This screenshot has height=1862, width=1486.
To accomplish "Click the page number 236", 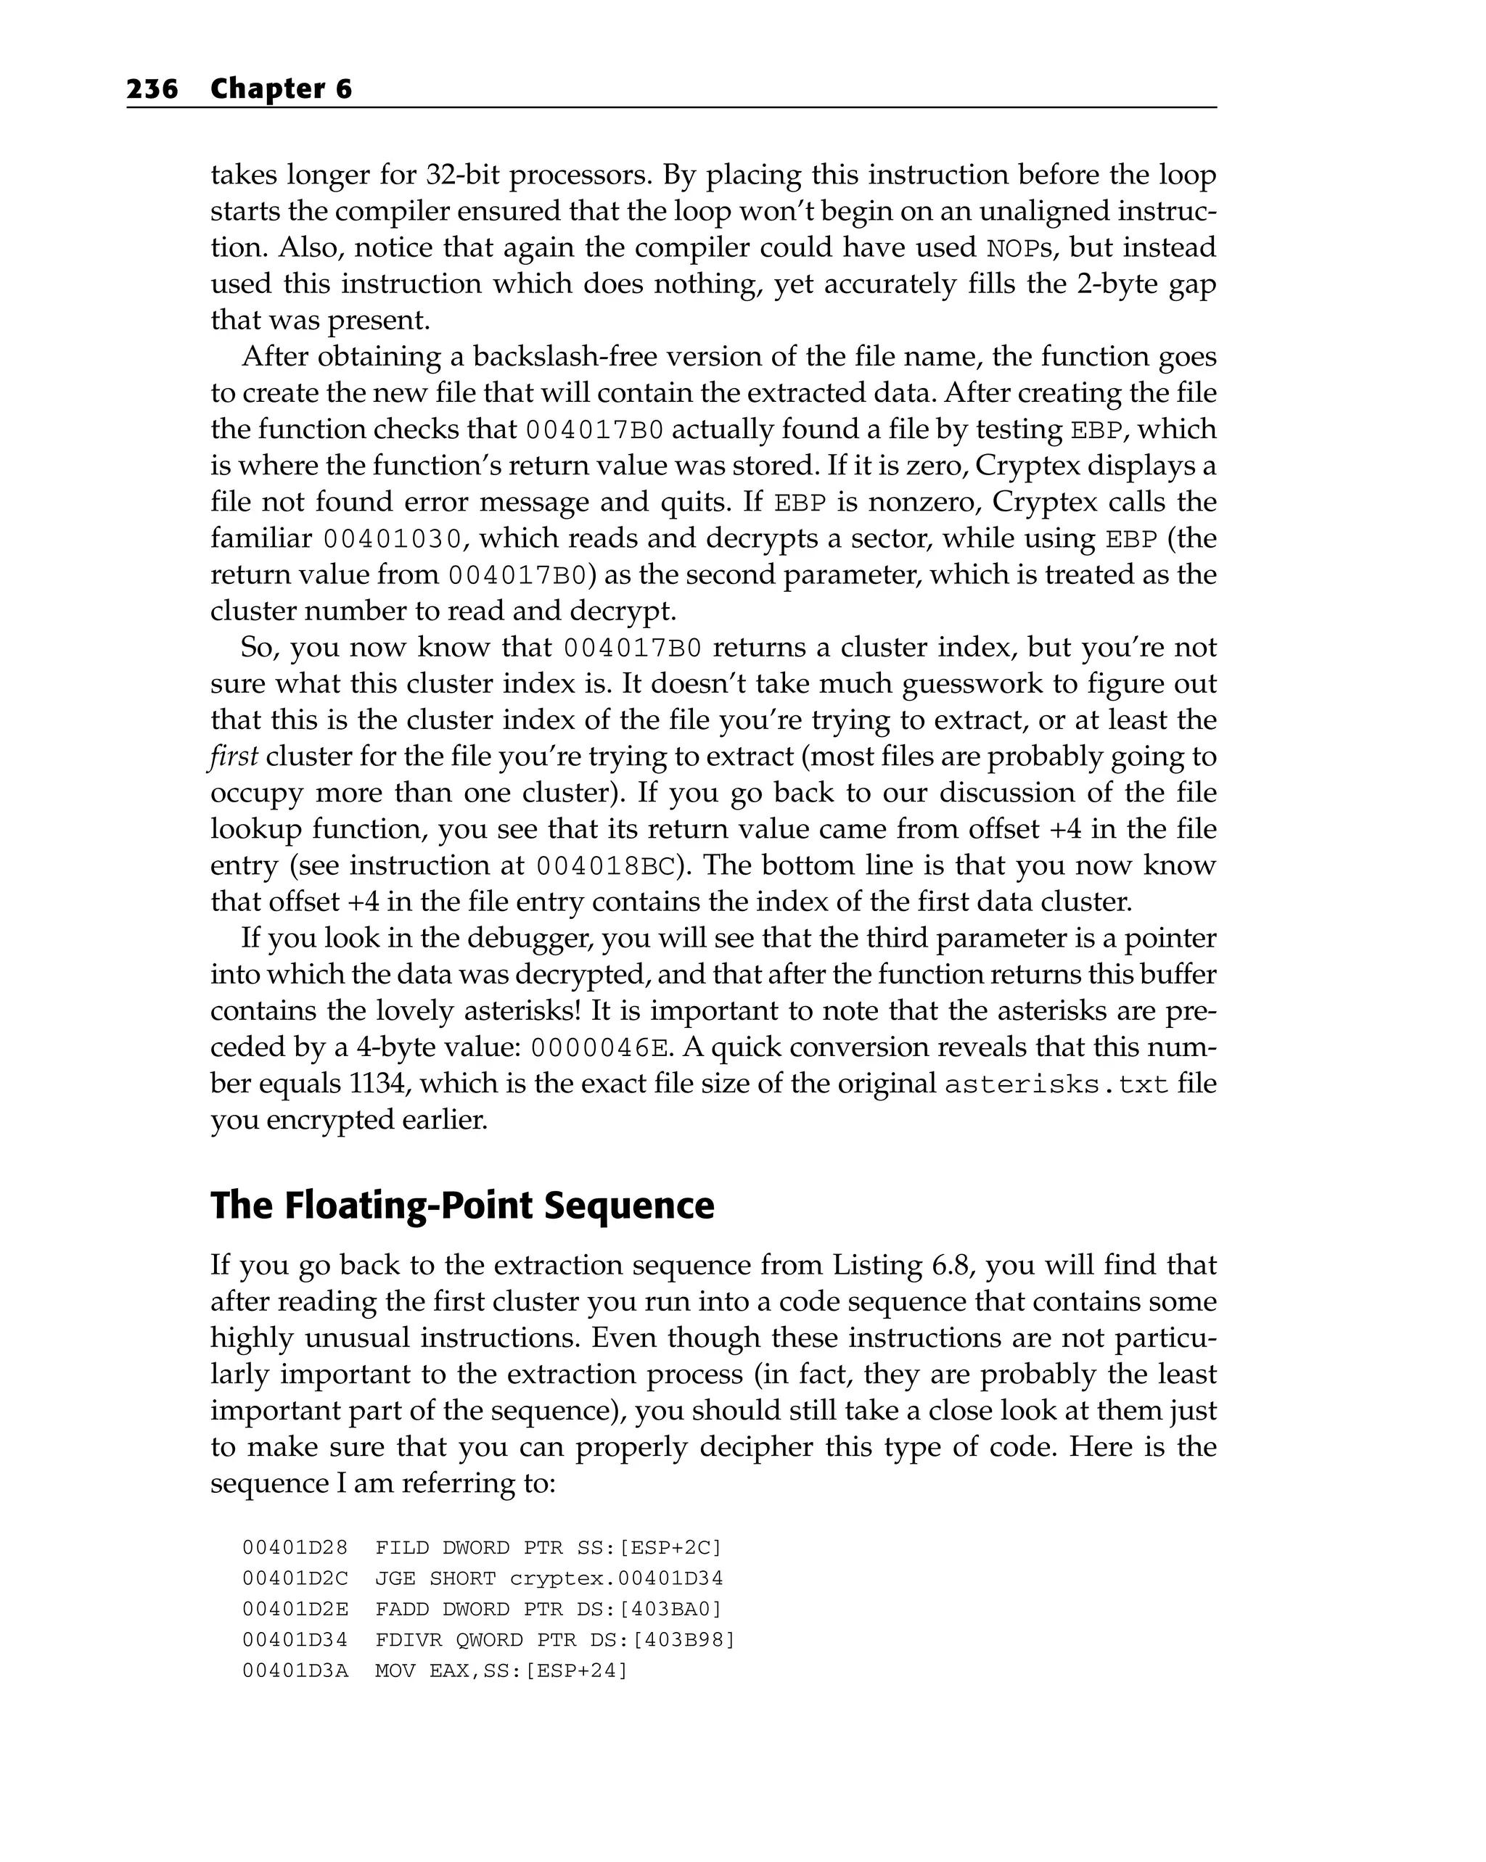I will [152, 89].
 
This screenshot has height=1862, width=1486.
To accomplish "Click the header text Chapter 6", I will [281, 89].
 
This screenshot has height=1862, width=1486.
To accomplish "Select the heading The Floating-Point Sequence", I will [462, 1206].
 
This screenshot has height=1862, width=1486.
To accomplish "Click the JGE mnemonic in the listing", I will [395, 1578].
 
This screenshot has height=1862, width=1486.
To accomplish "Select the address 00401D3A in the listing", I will [295, 1671].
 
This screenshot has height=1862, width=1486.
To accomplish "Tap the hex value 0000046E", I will [599, 1048].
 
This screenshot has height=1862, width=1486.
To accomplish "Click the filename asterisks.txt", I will [1056, 1084].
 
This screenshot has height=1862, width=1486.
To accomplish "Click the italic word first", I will [233, 757].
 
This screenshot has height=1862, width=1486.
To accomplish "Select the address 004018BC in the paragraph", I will [604, 866].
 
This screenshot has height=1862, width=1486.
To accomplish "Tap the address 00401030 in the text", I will [394, 540].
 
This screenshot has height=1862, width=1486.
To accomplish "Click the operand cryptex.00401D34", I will [616, 1578].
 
